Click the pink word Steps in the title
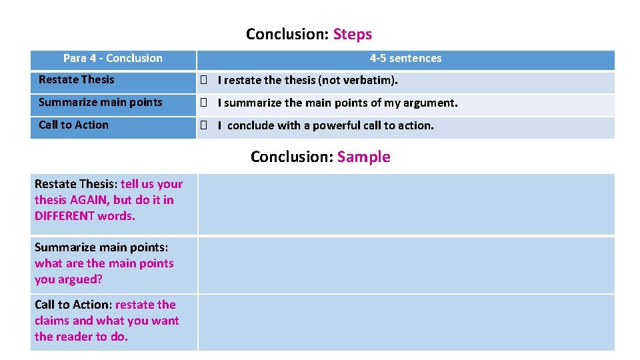coord(352,34)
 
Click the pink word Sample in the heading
coord(363,157)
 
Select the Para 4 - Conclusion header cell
coord(113,59)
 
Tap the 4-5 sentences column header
coord(405,59)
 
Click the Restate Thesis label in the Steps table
coord(76,80)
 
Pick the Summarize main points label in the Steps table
coord(100,103)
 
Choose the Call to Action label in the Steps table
coord(73,125)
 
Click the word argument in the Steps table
coord(430,103)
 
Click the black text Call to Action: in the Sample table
coord(73,305)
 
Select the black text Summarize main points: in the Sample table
coord(101,247)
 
